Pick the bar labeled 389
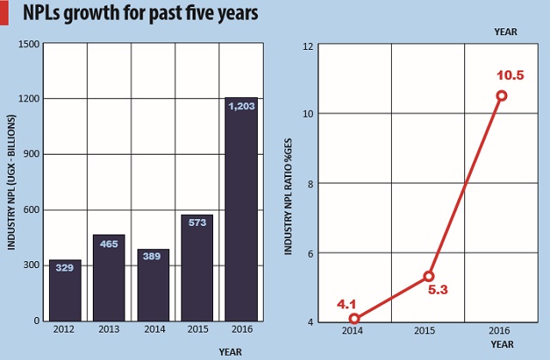pyautogui.click(x=153, y=284)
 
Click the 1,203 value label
pyautogui.click(x=241, y=106)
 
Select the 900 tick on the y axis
pyautogui.click(x=31, y=155)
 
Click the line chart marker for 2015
pyautogui.click(x=428, y=276)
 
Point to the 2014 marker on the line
pyautogui.click(x=354, y=319)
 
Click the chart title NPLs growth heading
pyautogui.click(x=129, y=15)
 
